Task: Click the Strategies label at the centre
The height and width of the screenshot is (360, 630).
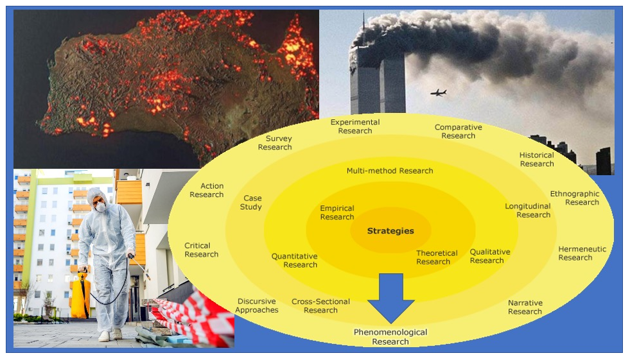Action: point(390,231)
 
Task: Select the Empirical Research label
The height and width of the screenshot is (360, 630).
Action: point(337,212)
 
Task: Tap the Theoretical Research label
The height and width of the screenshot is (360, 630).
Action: point(437,257)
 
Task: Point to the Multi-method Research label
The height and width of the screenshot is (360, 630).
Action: point(390,171)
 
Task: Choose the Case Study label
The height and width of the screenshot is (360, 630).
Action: point(251,203)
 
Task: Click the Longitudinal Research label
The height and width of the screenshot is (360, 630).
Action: point(528,210)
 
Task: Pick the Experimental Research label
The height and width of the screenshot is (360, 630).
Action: point(355,126)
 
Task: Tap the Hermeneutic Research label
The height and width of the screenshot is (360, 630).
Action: point(582,253)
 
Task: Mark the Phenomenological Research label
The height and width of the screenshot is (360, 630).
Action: point(390,337)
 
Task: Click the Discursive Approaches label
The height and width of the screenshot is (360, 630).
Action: point(257,305)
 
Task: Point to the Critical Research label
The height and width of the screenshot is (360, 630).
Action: point(201,250)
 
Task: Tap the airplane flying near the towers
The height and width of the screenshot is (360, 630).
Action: point(438,92)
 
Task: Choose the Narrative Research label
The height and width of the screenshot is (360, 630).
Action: point(525,307)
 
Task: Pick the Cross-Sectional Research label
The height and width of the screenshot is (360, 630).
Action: point(320,305)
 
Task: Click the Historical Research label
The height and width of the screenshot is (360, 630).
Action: point(537,159)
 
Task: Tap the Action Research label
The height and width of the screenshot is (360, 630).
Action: point(207,190)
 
